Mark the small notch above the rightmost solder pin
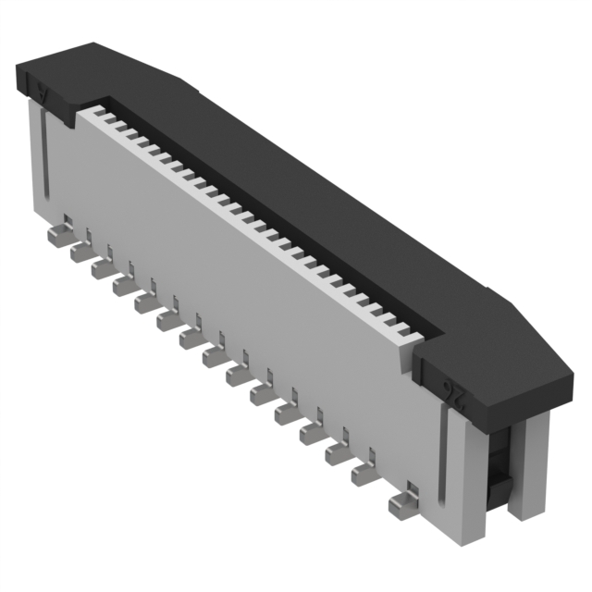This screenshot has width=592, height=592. tap(411, 489)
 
